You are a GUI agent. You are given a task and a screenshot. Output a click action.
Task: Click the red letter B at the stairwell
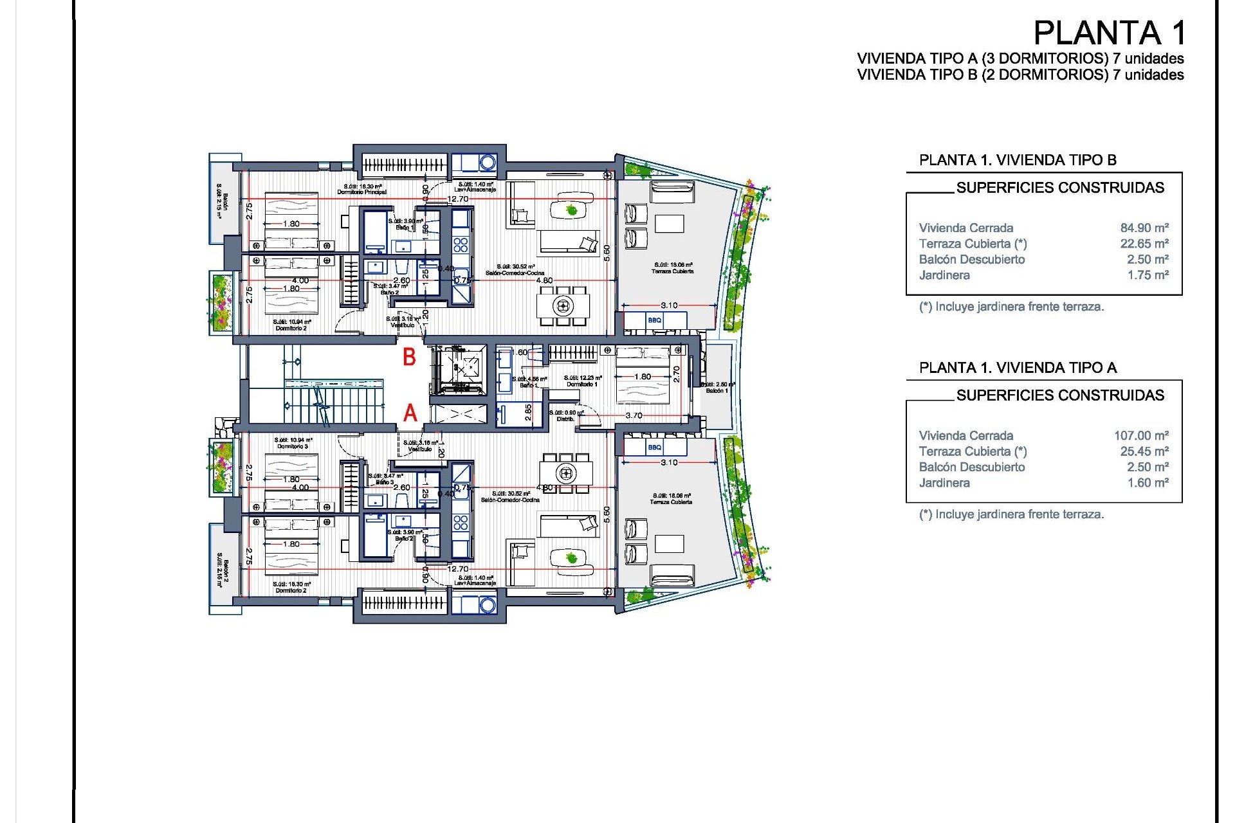pyautogui.click(x=409, y=357)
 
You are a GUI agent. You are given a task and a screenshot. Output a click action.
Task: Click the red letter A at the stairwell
pyautogui.click(x=410, y=413)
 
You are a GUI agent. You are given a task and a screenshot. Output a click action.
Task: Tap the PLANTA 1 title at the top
pyautogui.click(x=1109, y=33)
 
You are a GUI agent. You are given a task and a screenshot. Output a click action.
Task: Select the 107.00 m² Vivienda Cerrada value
pyautogui.click(x=1141, y=435)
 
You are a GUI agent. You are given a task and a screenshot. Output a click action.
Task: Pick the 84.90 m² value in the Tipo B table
pyautogui.click(x=1144, y=228)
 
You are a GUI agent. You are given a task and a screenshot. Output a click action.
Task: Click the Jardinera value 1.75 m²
pyautogui.click(x=1148, y=275)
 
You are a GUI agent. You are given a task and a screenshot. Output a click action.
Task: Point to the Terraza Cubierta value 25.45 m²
pyautogui.click(x=1144, y=451)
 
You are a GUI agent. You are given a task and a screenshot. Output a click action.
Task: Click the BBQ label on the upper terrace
pyautogui.click(x=654, y=320)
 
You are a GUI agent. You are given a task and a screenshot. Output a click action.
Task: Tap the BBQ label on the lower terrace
pyautogui.click(x=654, y=448)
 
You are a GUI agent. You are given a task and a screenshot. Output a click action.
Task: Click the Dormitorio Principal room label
pyautogui.click(x=361, y=192)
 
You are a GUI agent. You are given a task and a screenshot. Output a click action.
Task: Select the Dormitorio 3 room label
pyautogui.click(x=293, y=446)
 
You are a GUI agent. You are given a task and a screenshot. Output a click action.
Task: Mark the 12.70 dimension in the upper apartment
pyautogui.click(x=458, y=199)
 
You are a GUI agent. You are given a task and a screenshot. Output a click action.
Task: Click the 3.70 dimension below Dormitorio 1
pyautogui.click(x=634, y=415)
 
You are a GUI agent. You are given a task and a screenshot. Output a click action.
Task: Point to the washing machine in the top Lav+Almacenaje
pyautogui.click(x=488, y=162)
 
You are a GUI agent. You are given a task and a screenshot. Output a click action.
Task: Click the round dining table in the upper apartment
pyautogui.click(x=563, y=306)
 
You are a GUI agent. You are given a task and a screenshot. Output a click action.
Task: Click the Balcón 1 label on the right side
pyautogui.click(x=717, y=390)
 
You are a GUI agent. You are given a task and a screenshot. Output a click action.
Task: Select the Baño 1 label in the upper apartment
pyautogui.click(x=405, y=228)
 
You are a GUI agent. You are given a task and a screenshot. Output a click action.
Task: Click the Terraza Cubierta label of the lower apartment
pyautogui.click(x=671, y=502)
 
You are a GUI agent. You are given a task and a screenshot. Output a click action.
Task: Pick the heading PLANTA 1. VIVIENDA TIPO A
pyautogui.click(x=1018, y=368)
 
